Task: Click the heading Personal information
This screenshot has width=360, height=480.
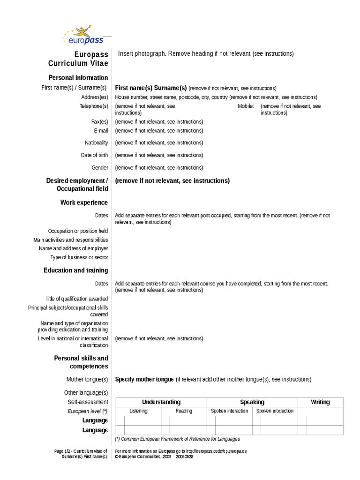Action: [78, 77]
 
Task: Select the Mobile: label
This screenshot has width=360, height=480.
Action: [246, 106]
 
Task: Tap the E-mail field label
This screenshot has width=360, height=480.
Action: [101, 131]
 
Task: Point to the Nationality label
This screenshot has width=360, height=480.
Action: [96, 142]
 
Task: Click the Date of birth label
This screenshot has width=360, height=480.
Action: [94, 155]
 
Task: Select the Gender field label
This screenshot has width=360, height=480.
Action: [99, 167]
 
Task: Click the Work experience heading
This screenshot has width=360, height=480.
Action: [84, 202]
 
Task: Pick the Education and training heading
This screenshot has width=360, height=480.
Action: [75, 270]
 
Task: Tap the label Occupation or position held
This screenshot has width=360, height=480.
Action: [78, 231]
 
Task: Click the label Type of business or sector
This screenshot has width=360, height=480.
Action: [79, 257]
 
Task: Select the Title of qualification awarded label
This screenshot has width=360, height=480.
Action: [76, 299]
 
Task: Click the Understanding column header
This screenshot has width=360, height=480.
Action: [161, 402]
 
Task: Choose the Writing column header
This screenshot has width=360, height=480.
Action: [320, 402]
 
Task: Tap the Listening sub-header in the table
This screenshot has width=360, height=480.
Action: [138, 411]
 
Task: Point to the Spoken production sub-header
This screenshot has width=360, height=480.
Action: [275, 411]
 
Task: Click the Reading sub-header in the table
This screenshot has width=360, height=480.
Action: [184, 411]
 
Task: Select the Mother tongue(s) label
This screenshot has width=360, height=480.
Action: [87, 379]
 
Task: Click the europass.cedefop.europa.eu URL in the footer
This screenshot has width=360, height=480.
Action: [216, 451]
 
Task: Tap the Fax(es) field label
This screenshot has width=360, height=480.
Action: [99, 121]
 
